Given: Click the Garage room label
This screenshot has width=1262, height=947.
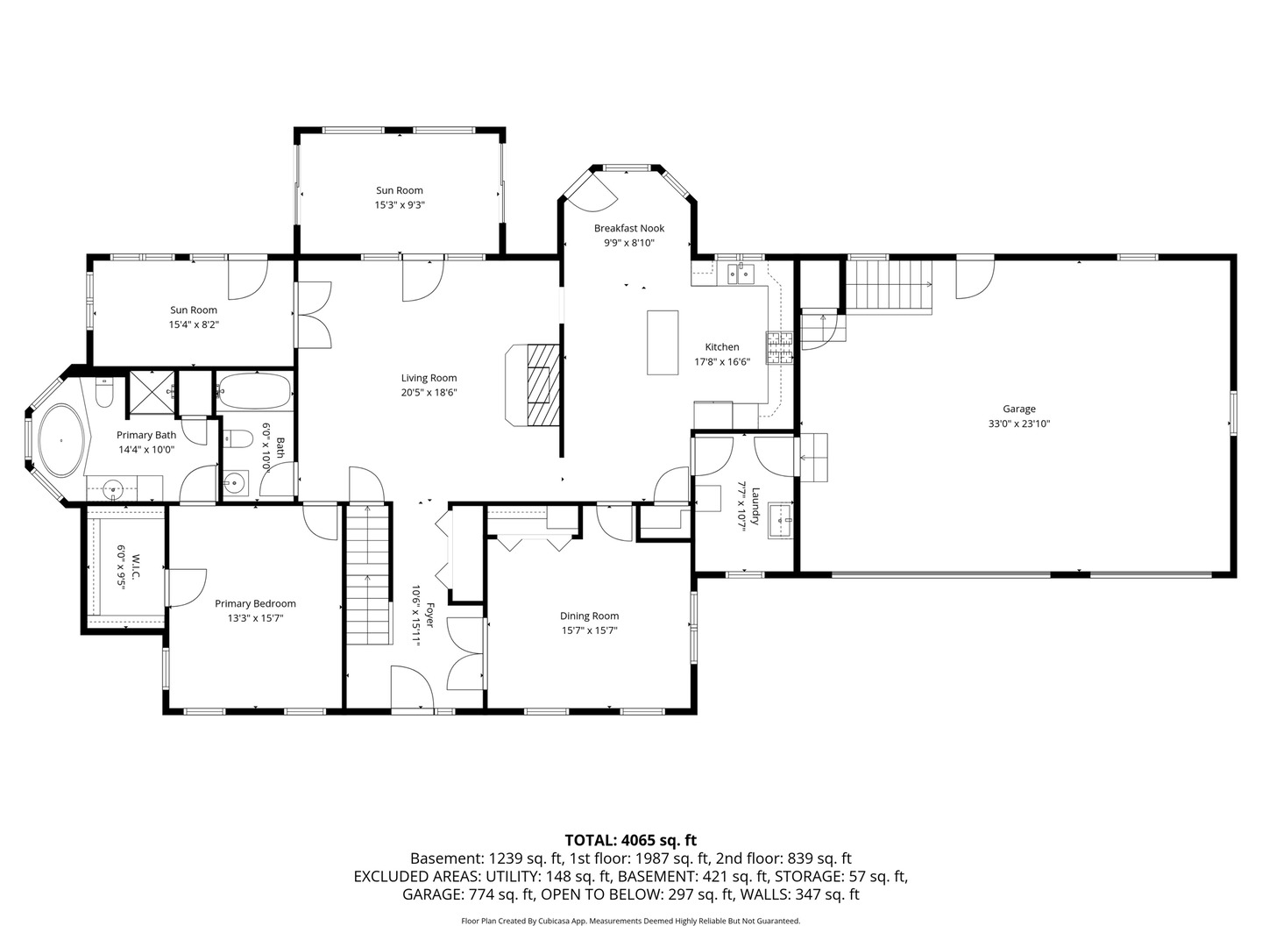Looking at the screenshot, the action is (x=1018, y=409).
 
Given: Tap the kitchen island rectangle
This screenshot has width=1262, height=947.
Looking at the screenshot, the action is (x=663, y=343).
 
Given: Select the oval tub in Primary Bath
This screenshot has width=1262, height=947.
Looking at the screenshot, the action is (x=62, y=440).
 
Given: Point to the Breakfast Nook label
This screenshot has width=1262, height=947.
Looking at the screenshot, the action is (x=629, y=228).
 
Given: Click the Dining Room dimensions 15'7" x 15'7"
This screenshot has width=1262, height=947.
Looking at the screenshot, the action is (x=589, y=630).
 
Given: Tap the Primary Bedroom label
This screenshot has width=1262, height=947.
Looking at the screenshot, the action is (x=255, y=603).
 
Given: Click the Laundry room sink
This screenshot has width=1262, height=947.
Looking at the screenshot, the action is (x=780, y=520).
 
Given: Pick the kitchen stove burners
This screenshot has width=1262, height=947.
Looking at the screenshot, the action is (x=779, y=348).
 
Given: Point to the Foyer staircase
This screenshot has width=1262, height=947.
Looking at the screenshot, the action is (x=367, y=574).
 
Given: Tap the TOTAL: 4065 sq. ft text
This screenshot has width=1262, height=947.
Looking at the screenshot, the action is (x=630, y=840).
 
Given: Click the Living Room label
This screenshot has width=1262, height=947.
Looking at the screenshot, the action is (x=429, y=378).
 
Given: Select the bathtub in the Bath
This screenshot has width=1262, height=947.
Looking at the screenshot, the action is (x=255, y=392).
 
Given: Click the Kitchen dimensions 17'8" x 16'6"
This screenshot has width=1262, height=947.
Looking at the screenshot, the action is (x=721, y=361).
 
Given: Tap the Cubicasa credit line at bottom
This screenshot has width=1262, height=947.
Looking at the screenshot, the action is (x=630, y=921).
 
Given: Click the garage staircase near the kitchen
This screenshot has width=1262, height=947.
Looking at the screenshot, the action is (x=889, y=285).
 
